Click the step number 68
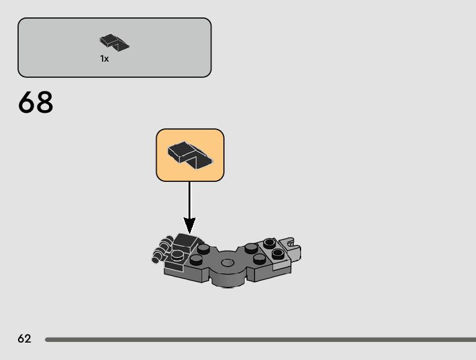pos(36,103)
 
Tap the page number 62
pos(24,339)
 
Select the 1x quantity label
pos(105,59)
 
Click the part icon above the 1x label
pos(114,42)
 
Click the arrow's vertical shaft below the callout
pos(189,199)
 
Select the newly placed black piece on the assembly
pos(187,240)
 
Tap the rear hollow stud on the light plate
pos(269,243)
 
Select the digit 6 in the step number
pos(27,103)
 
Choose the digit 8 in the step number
pos(45,103)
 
